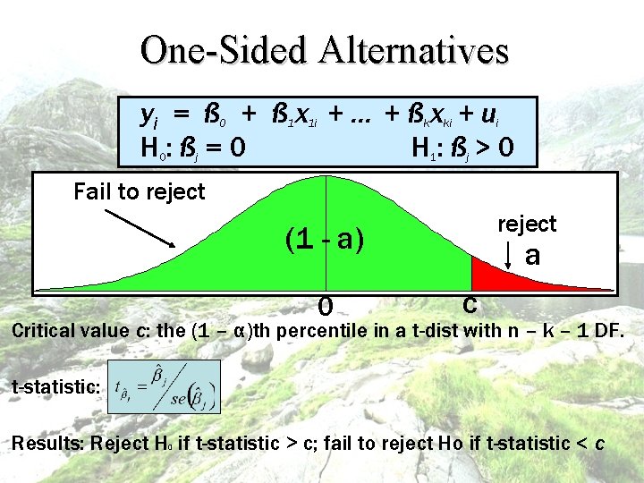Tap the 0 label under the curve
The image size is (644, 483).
tap(326, 307)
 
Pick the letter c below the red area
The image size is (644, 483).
tap(469, 303)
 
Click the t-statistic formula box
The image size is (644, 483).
tap(163, 386)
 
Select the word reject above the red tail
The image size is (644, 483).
tap(527, 224)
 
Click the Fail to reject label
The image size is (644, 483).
tap(140, 191)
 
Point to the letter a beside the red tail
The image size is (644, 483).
tap(533, 256)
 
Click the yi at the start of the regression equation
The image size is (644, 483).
tap(149, 114)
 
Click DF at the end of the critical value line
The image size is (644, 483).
tap(607, 331)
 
